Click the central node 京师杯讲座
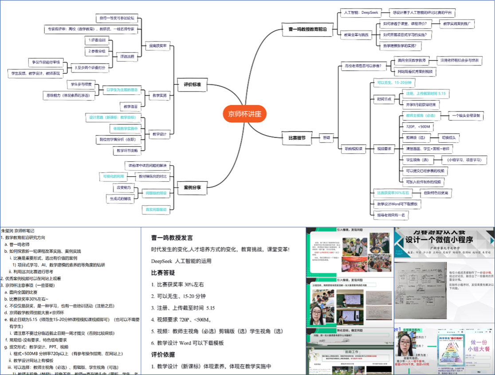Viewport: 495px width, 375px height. click(x=244, y=113)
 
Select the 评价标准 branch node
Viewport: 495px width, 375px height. click(x=193, y=84)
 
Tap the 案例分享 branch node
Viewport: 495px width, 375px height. click(x=192, y=187)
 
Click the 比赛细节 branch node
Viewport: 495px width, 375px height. click(x=297, y=138)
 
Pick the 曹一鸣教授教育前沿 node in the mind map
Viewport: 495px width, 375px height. click(x=307, y=29)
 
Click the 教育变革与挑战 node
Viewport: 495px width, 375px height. click(x=356, y=34)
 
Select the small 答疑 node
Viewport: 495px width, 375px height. click(x=326, y=138)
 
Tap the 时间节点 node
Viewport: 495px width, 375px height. click(x=384, y=99)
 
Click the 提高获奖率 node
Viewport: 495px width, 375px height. click(x=157, y=45)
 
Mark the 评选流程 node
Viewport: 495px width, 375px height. click(x=127, y=56)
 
